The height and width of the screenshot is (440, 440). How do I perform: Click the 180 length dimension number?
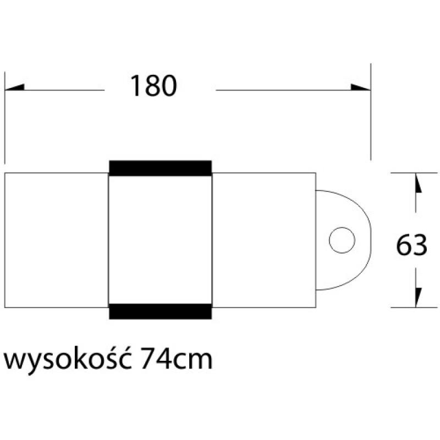point(153,86)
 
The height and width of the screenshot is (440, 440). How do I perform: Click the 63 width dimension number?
point(411,246)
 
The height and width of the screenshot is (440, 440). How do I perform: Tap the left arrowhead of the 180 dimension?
point(15,89)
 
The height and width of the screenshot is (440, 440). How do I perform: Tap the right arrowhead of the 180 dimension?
point(361,89)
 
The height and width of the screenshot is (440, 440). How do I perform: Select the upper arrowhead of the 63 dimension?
point(417,184)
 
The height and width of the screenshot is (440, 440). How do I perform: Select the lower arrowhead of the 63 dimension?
point(417,297)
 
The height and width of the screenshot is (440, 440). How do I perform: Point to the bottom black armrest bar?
point(161,311)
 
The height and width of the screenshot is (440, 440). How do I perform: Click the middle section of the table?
point(161,240)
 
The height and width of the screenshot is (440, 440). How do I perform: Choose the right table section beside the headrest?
point(264,240)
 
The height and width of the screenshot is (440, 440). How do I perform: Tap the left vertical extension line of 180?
point(5,118)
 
